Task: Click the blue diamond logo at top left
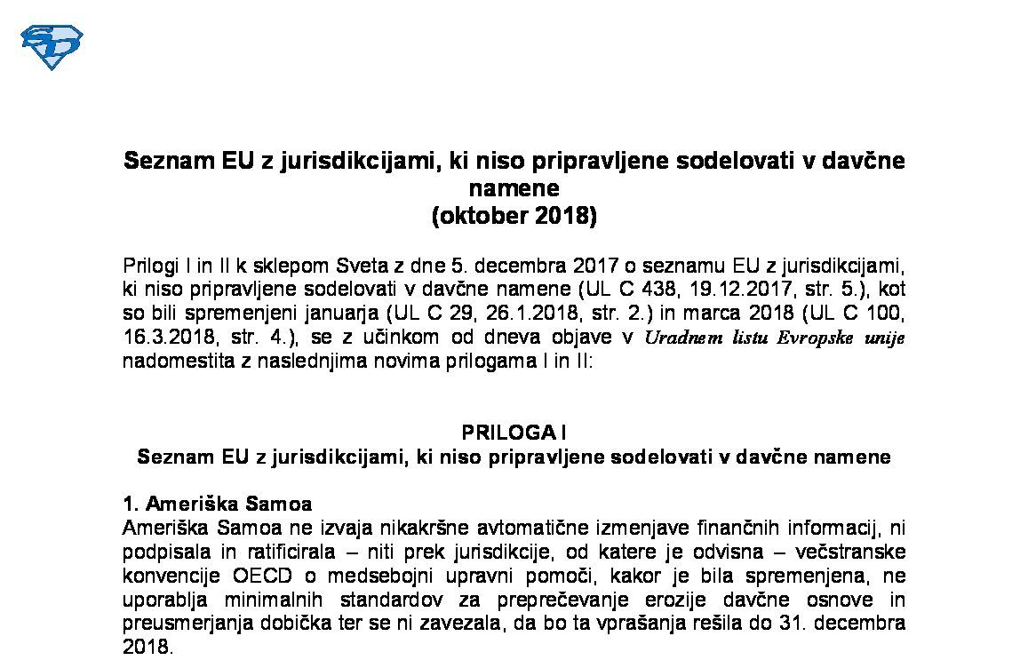[x=52, y=46]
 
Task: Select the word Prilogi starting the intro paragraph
[x=151, y=266]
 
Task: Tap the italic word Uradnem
[x=680, y=338]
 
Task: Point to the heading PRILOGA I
[x=514, y=433]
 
